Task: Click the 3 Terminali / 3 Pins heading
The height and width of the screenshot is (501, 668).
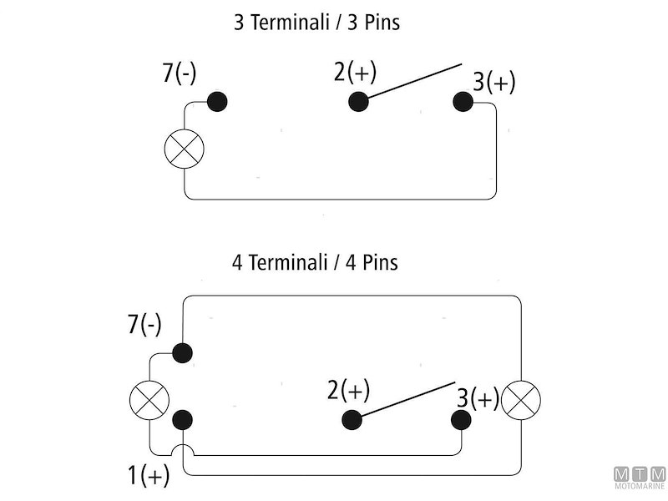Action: point(316,23)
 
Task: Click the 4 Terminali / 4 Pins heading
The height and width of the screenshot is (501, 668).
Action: point(315,262)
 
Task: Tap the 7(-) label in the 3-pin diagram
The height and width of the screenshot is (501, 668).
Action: point(180,73)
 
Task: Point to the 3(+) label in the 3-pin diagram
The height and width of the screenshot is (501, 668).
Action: point(493,82)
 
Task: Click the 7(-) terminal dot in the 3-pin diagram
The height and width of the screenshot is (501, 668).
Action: point(216,102)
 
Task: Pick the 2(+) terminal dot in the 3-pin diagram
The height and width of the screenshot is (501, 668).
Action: point(358,102)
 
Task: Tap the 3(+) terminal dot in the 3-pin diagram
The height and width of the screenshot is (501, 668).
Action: point(463,102)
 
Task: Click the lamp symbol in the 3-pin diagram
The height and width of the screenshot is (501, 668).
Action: point(185,149)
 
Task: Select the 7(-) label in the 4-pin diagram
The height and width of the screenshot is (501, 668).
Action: point(144,326)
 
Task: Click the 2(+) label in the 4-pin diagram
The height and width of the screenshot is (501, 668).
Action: point(349,390)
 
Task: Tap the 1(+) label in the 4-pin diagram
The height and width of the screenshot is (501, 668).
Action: point(149,476)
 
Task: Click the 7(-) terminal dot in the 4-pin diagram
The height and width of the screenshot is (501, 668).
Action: point(182,352)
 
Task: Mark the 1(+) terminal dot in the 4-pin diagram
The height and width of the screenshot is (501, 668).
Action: point(182,419)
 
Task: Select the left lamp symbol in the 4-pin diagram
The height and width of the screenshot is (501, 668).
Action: point(149,400)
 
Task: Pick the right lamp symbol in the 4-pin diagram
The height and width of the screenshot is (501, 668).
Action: point(521,400)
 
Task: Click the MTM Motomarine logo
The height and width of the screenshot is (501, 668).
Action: point(639,478)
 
